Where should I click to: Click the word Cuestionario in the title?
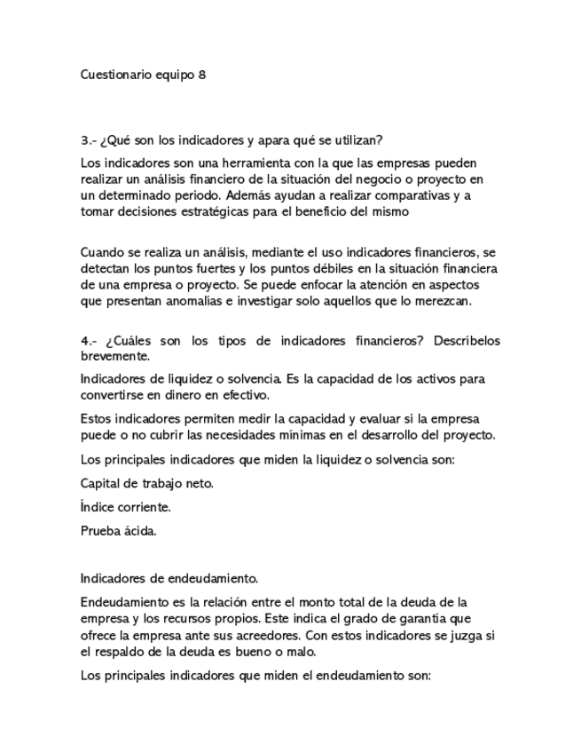coord(114,75)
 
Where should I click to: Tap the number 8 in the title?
coord(202,75)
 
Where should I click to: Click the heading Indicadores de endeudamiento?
coord(169,578)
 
